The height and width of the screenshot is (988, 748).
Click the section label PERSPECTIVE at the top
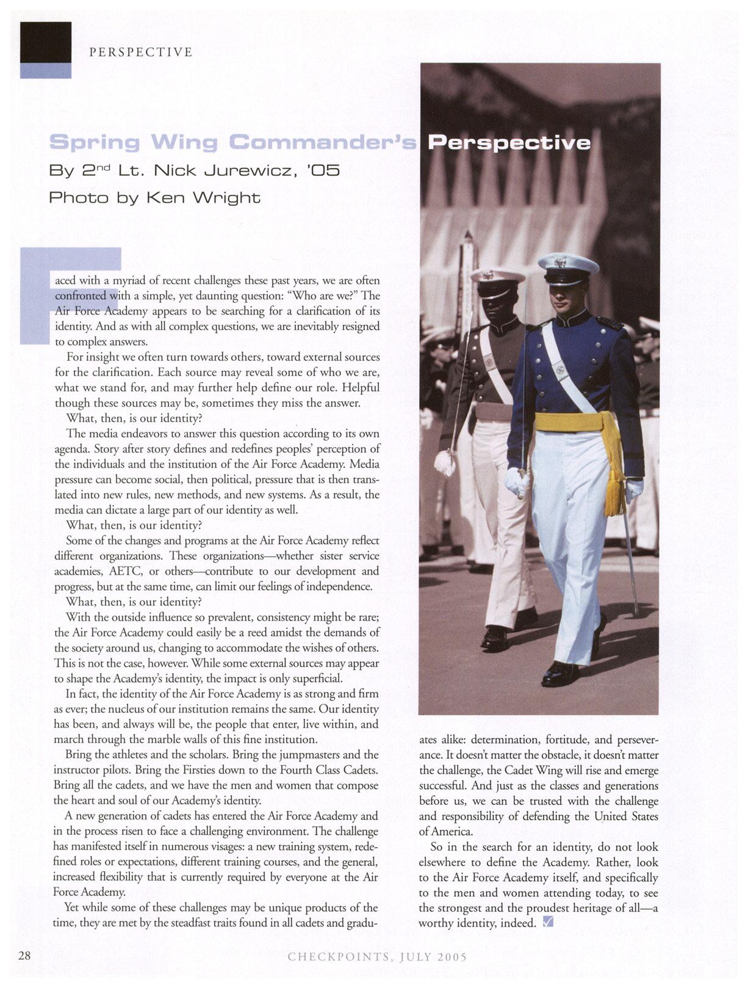(x=141, y=53)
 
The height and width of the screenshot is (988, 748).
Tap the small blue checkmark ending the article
(x=547, y=922)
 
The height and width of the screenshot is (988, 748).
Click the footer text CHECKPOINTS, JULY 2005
(x=377, y=957)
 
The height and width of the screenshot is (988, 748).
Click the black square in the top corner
(x=45, y=42)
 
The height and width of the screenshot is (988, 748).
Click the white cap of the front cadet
(x=567, y=266)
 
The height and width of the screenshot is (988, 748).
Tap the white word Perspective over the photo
(x=509, y=143)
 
